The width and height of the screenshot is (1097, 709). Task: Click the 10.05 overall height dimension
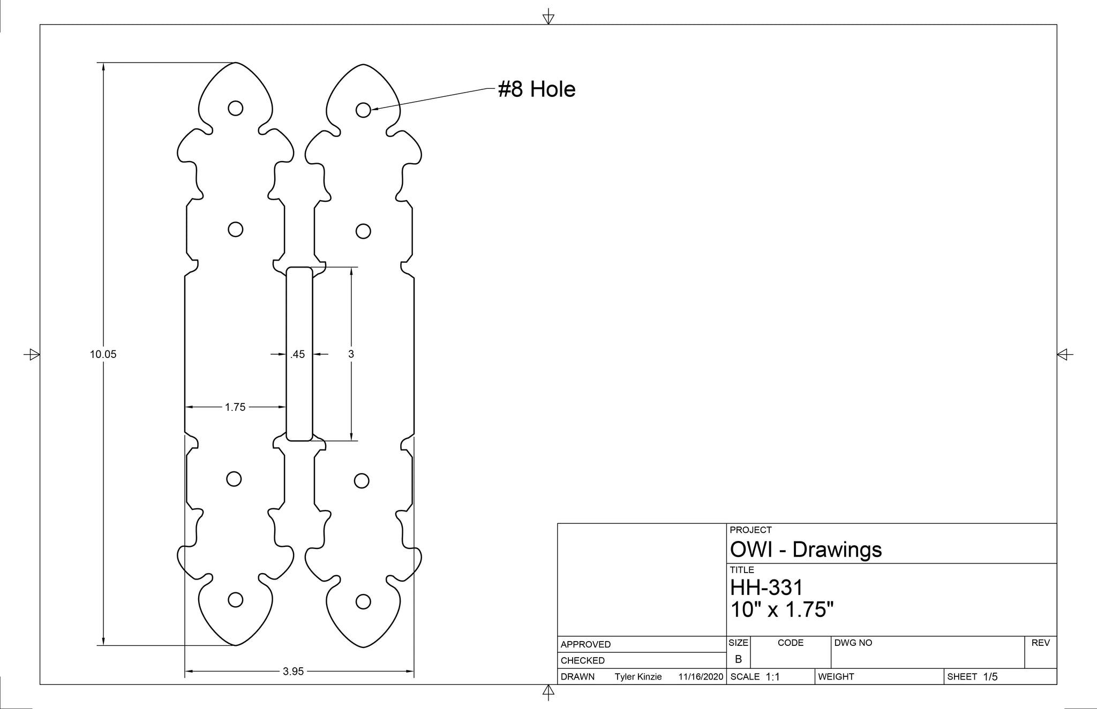coord(103,354)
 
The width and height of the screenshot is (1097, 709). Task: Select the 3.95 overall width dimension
coord(293,672)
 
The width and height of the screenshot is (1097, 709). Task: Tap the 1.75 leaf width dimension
coord(235,407)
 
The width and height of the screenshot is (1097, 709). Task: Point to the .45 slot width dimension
coord(298,354)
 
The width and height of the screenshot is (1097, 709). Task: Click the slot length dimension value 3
coord(351,354)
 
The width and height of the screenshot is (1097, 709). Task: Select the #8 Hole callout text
coord(537,89)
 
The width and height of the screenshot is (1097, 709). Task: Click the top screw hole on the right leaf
coord(363,110)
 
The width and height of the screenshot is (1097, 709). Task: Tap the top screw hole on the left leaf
coord(235,108)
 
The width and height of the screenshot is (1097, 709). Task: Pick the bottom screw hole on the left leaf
coord(235,600)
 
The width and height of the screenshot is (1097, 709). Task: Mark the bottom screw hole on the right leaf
coord(363,602)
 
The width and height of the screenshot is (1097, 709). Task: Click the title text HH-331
coord(767,588)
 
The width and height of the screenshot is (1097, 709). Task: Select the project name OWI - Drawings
coord(806,550)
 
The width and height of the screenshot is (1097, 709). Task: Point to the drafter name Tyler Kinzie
coord(638,677)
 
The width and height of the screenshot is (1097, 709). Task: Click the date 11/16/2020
coord(701,677)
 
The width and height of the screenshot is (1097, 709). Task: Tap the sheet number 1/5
coord(990,677)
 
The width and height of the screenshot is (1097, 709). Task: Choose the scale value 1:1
coord(772,677)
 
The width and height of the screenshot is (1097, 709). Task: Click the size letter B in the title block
coord(738,659)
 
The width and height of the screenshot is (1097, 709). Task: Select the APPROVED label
coord(585,644)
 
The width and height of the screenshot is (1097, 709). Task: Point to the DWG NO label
coord(853,643)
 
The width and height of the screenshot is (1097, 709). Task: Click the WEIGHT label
coord(836,677)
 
